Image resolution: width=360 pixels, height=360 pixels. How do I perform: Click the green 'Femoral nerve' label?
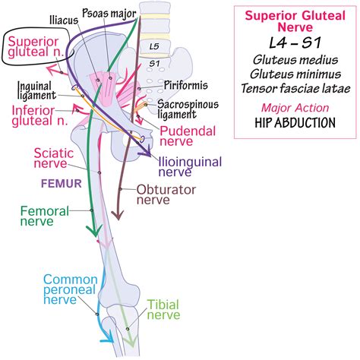click(x=37, y=216)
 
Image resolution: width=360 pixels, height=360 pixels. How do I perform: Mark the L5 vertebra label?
click(x=153, y=47)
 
